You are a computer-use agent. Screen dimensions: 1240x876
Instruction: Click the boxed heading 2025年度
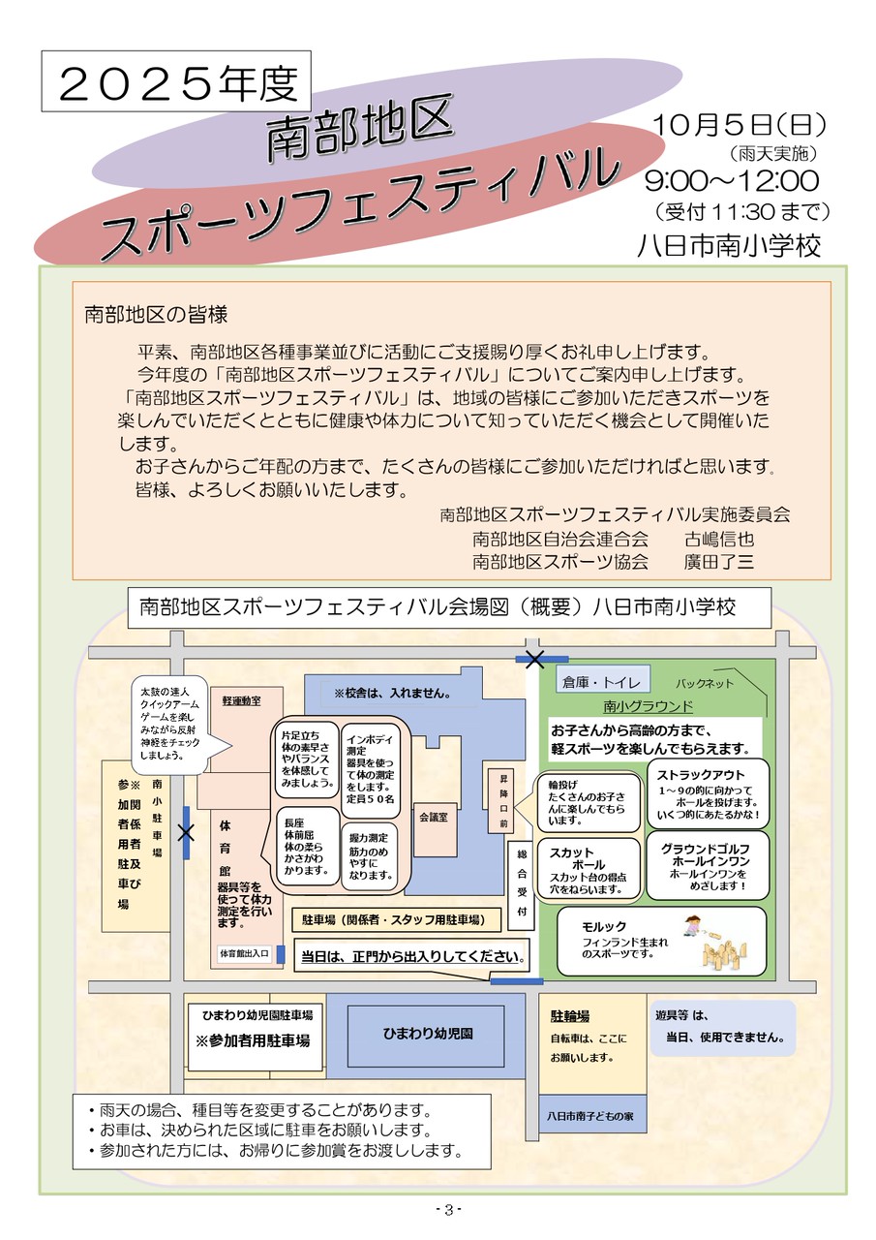point(175,84)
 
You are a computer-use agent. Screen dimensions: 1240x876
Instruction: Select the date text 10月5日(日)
point(740,126)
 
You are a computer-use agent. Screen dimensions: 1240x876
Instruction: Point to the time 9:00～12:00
point(733,181)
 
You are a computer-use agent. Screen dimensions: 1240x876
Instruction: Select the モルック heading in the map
point(605,927)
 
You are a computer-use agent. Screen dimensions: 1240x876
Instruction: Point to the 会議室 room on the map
point(433,818)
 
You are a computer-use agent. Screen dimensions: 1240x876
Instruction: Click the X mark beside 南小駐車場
point(186,832)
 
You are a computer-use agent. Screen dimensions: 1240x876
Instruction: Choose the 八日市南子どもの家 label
point(589,1116)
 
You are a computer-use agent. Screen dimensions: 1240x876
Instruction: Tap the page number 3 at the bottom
point(447,1209)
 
